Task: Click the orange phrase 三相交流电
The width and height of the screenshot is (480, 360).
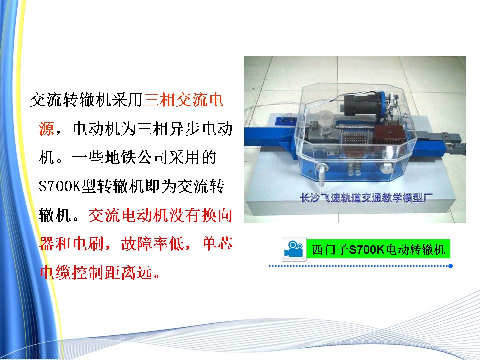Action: click(183, 100)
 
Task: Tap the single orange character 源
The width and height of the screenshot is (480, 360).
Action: click(46, 128)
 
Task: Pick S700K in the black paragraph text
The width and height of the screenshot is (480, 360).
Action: click(59, 186)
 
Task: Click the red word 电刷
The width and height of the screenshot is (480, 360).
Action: click(88, 244)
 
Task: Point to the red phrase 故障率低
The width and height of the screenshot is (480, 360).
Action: click(152, 244)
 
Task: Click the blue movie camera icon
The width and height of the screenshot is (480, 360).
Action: click(294, 249)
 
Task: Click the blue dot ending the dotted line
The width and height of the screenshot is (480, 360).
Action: click(450, 266)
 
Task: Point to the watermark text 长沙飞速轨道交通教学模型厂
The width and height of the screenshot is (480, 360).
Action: click(366, 198)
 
